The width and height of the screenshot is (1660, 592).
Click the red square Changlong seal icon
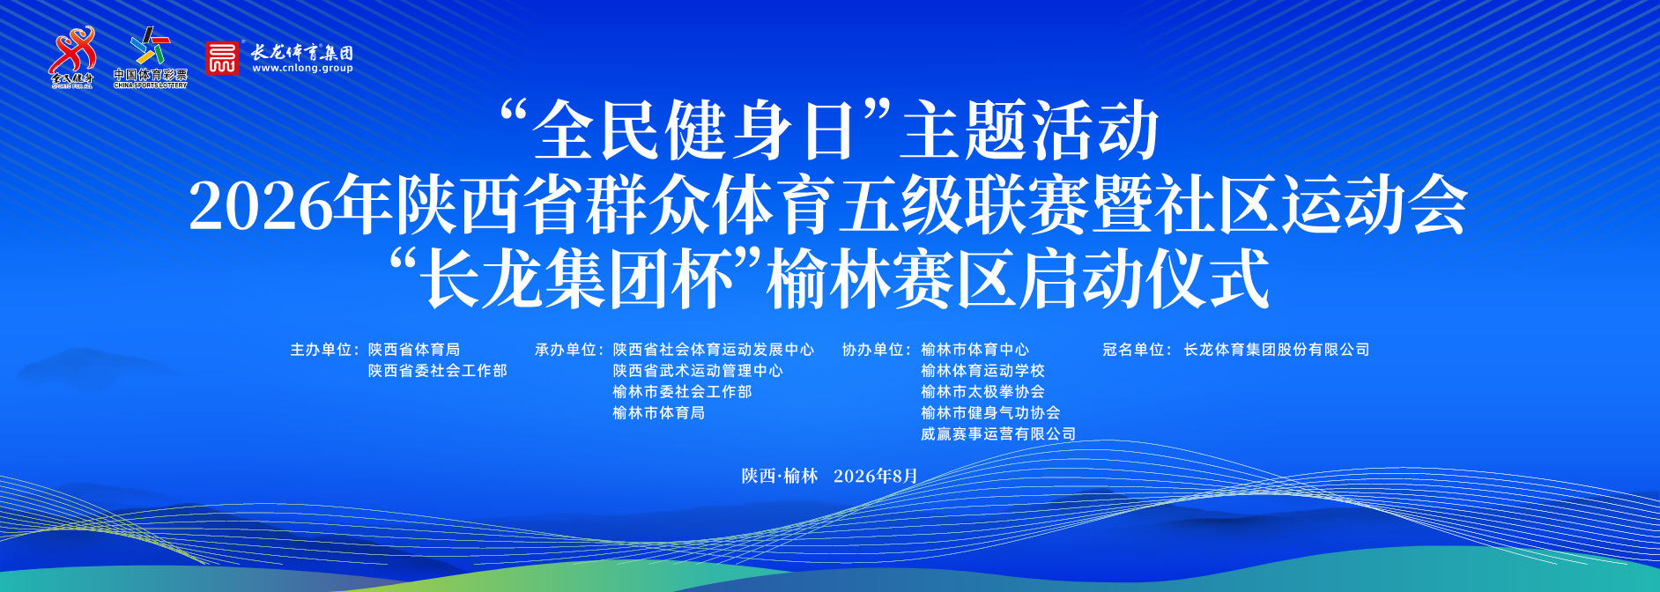tap(222, 58)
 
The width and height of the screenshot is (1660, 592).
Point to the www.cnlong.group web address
tap(302, 68)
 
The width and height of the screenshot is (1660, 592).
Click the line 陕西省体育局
tap(414, 350)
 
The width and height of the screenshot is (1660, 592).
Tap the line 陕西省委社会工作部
tap(438, 371)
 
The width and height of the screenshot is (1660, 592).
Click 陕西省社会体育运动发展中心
tap(714, 350)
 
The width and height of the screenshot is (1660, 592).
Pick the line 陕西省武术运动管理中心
tap(698, 371)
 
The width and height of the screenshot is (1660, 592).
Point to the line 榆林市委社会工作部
tap(682, 392)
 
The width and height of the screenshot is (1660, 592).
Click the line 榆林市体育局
tap(658, 413)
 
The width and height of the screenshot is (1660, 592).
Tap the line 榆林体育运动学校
tap(982, 371)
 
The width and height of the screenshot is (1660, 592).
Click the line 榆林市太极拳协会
tap(982, 392)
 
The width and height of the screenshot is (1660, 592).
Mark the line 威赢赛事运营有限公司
tap(998, 434)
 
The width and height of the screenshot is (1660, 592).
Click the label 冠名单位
tap(1134, 350)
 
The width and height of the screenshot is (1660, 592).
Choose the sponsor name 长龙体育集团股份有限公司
tap(1277, 350)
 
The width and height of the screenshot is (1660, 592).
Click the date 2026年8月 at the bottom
tap(876, 476)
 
